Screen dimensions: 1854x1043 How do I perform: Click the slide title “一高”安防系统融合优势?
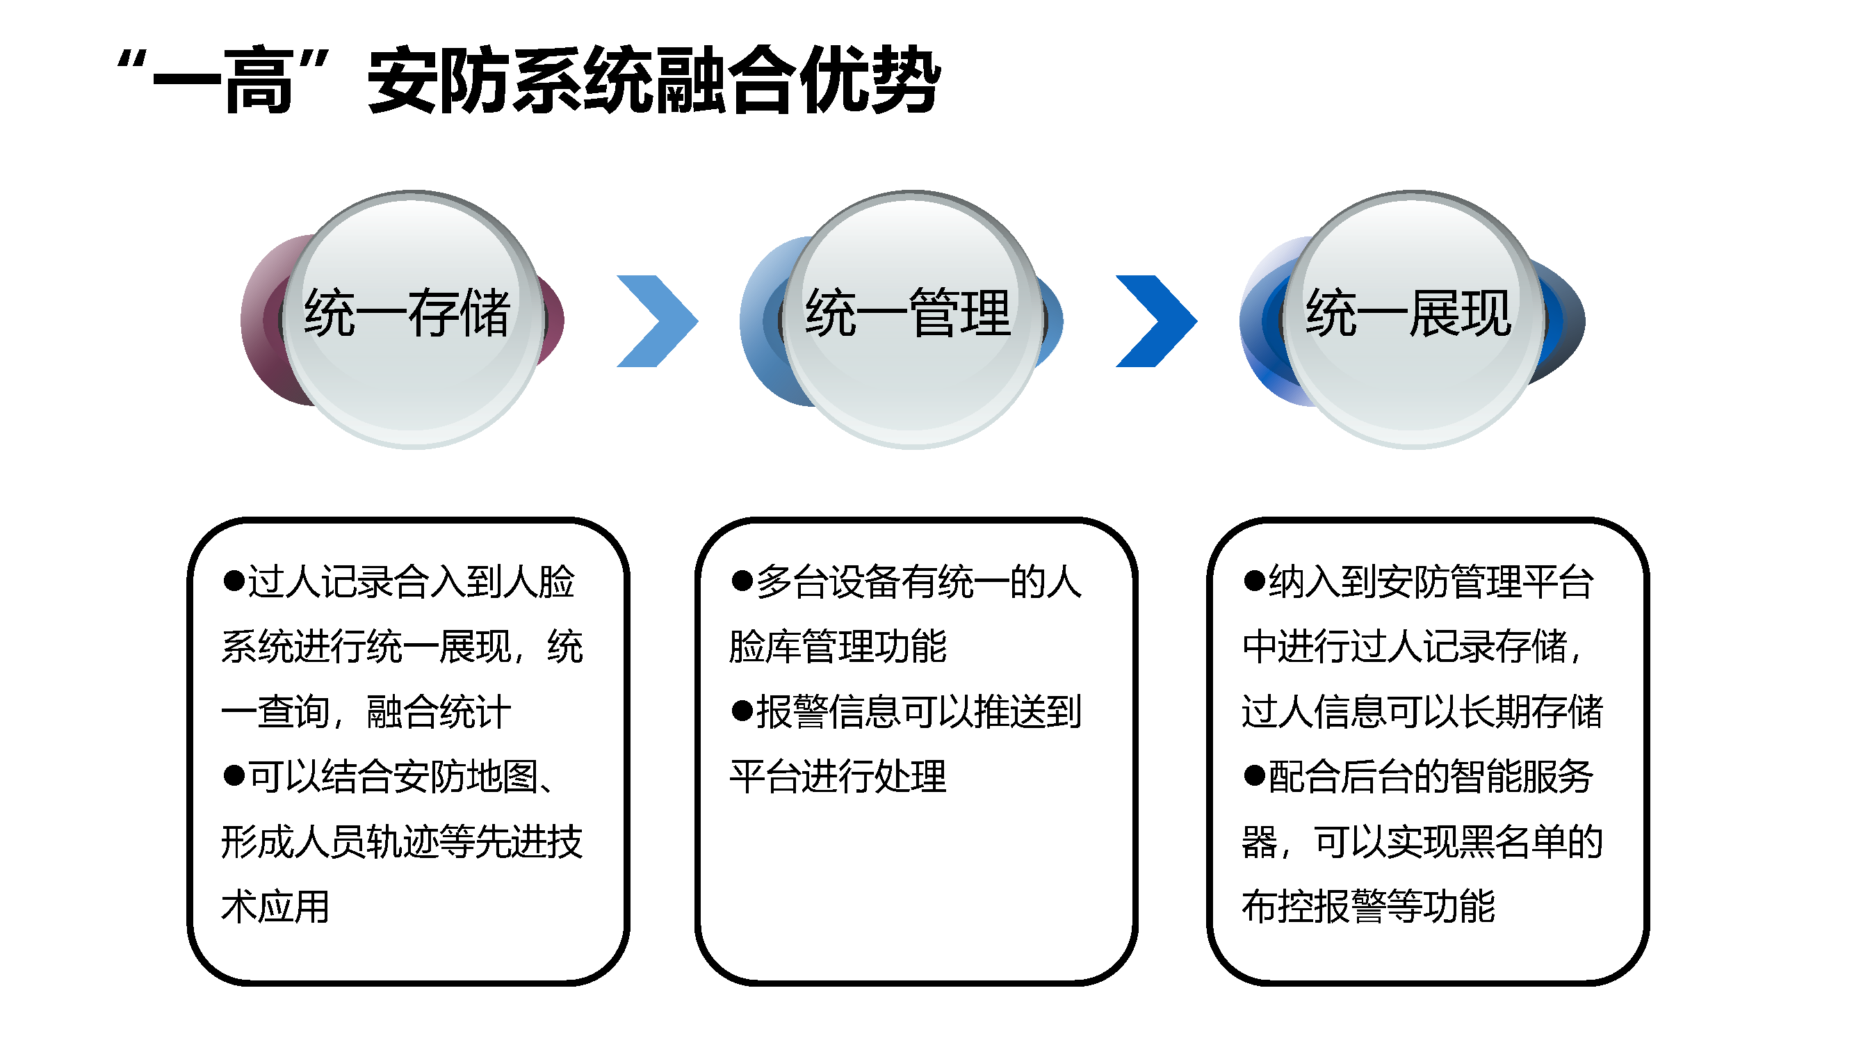529,79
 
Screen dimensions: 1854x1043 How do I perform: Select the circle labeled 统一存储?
412,320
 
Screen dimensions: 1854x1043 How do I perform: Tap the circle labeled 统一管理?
913,320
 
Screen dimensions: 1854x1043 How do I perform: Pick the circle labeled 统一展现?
1412,320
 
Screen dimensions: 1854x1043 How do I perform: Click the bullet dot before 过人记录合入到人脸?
234,580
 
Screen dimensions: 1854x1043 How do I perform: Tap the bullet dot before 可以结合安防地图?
234,775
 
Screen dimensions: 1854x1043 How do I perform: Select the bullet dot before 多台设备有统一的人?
742,580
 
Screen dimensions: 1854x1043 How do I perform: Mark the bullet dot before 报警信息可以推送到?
742,711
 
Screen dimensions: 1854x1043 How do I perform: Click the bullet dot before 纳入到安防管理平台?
1254,580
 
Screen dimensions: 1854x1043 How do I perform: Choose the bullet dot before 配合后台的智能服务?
1254,775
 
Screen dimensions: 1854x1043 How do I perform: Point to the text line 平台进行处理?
838,777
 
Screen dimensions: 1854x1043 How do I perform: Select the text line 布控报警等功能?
1368,906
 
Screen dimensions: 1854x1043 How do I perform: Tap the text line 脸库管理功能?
838,646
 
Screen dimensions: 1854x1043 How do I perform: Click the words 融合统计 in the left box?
439,712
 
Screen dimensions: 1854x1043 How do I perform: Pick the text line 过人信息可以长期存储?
1423,712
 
